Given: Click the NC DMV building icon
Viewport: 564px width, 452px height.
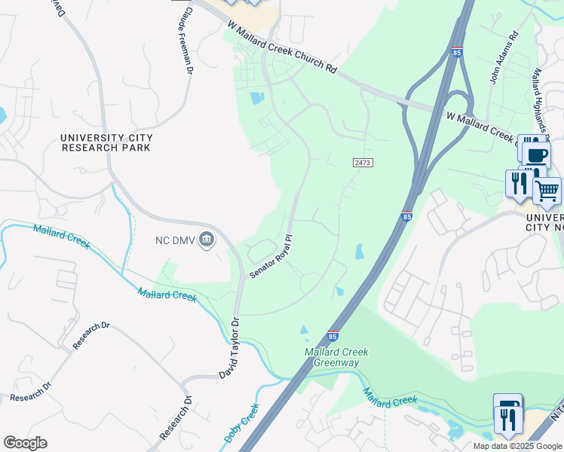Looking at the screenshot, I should (x=208, y=240).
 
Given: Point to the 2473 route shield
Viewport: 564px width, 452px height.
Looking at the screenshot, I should (x=363, y=163).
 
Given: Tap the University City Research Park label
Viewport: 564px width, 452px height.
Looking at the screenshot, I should (x=106, y=142).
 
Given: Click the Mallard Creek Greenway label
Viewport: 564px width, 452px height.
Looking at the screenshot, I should (x=332, y=358).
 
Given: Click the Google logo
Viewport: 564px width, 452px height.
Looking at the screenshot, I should (x=25, y=443).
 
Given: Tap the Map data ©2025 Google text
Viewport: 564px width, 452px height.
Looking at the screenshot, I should (x=517, y=446).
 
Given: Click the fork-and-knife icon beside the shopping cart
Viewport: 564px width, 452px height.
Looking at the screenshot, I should (x=519, y=183).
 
